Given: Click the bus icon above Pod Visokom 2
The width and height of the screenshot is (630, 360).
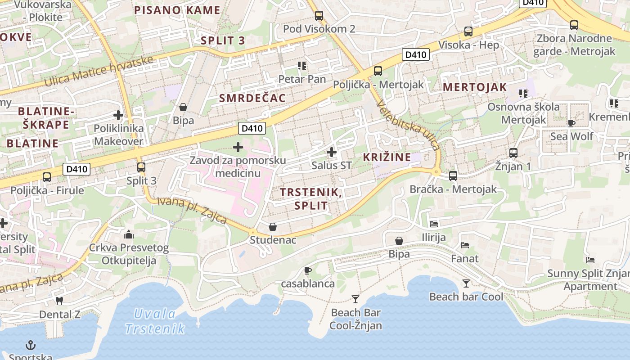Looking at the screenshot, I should click(x=319, y=16).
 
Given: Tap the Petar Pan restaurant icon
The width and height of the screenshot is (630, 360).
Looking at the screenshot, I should click(x=302, y=66).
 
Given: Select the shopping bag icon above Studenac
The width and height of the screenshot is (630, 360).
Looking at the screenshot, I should click(x=272, y=226).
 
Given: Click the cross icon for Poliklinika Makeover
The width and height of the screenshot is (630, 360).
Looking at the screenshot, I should click(x=118, y=115).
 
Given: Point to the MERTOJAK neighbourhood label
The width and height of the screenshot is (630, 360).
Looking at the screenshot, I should click(x=475, y=87).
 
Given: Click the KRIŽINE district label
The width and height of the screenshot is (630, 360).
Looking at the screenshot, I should click(x=387, y=157).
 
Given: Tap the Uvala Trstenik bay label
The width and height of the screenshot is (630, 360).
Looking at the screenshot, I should click(x=155, y=321).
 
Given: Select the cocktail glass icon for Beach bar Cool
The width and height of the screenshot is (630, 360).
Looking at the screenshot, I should click(x=466, y=283).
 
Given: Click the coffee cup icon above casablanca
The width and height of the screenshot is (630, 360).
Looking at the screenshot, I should click(x=308, y=270).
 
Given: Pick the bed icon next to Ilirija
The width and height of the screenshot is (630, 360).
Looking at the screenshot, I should click(x=434, y=224).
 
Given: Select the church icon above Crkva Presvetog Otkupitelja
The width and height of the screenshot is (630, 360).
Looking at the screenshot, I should click(x=129, y=234).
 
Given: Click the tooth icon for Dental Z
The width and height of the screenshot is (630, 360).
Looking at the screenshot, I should click(x=59, y=301).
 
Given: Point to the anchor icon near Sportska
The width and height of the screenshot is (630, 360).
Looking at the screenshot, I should click(x=30, y=345).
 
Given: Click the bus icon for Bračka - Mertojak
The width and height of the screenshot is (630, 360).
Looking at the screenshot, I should click(x=453, y=176).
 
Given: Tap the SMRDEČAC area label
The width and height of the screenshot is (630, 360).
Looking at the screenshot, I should click(x=252, y=98).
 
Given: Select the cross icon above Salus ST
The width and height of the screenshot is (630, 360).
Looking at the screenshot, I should click(x=332, y=152).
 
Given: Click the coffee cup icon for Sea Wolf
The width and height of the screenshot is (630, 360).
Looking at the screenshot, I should click(x=571, y=123).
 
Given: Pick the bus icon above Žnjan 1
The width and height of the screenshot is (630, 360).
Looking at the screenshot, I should click(x=513, y=153).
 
